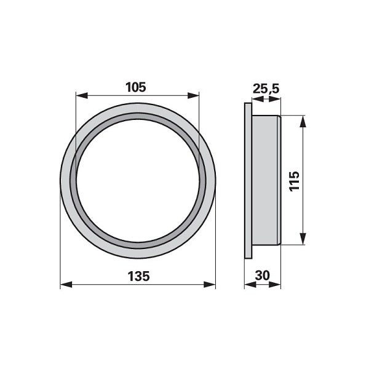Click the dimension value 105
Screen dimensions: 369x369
[x=136, y=87]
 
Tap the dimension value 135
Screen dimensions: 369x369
[x=138, y=276]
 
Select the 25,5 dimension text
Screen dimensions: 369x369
[x=266, y=89]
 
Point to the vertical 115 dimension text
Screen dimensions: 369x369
[x=294, y=181]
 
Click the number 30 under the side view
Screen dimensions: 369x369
[x=263, y=276]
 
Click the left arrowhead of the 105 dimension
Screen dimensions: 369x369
[x=82, y=95]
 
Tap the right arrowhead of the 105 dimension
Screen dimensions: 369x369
[x=193, y=95]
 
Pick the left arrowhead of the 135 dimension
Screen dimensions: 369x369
[x=66, y=285]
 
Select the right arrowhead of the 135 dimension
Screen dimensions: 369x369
[x=210, y=285]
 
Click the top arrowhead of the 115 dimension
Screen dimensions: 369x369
[x=303, y=121]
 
